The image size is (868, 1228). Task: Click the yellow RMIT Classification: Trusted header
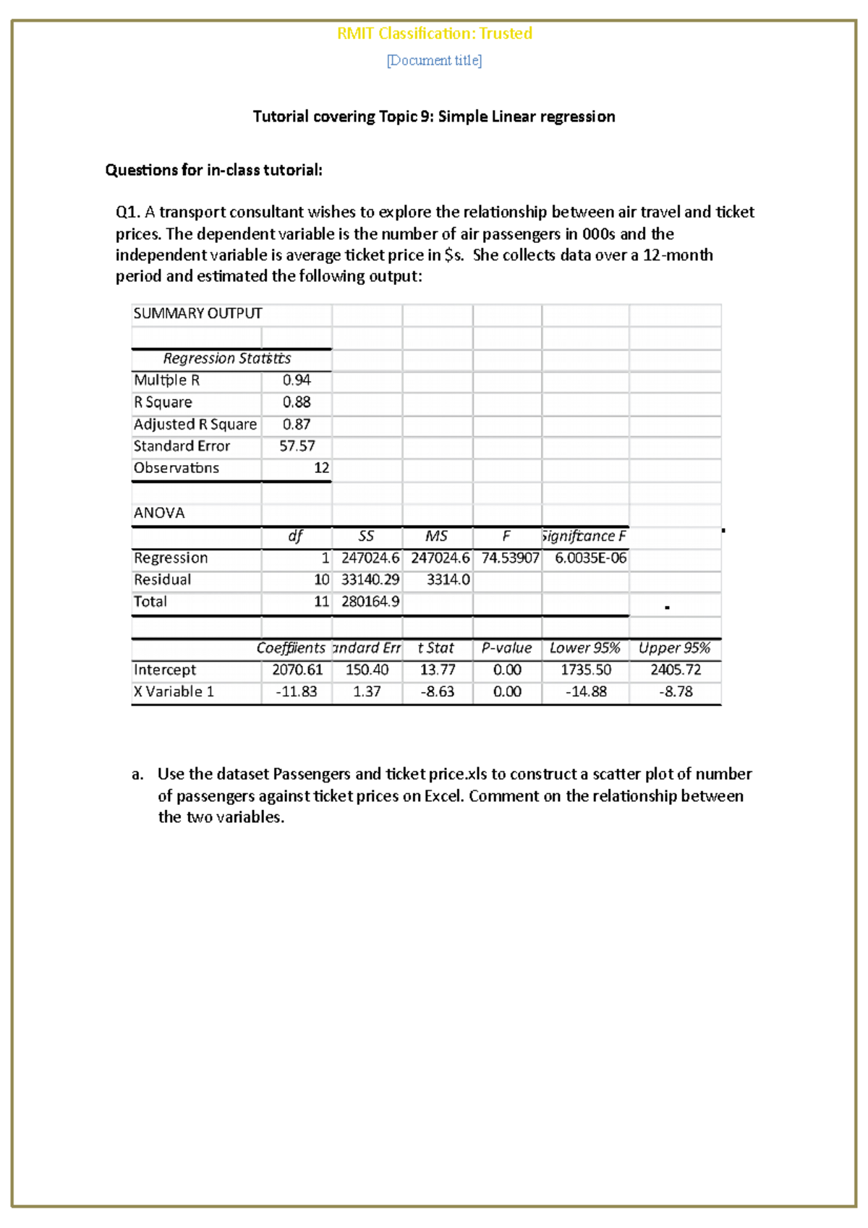434,33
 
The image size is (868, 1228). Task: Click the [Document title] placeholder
434,61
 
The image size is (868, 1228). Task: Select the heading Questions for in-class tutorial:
213,170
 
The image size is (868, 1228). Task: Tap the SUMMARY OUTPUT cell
197,313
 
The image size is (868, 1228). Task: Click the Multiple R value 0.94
297,380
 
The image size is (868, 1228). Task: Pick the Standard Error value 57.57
297,446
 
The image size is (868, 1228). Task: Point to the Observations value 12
321,468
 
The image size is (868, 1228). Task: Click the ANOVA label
159,513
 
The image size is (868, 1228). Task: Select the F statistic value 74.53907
510,558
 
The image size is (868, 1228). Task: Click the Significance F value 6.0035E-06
590,558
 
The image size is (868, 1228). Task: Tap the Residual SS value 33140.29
370,580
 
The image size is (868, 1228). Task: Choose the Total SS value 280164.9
370,602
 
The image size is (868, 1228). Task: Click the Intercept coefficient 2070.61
297,670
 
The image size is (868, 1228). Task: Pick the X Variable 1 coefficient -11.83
297,691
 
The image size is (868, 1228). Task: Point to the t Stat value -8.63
438,691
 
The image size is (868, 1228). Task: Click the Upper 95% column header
674,648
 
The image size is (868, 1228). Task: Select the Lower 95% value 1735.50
585,670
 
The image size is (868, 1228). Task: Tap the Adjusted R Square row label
195,425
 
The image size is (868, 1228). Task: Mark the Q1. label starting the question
127,212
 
